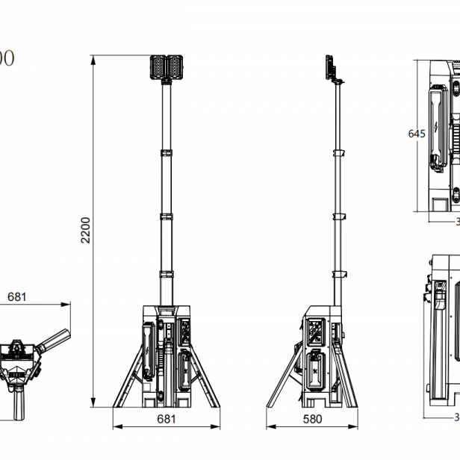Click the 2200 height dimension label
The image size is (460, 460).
coord(85,229)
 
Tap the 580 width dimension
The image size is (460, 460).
coord(314,419)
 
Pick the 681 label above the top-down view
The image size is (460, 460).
coord(17,296)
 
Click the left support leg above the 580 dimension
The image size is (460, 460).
coord(283,377)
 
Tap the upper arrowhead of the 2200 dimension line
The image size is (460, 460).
coord(93,58)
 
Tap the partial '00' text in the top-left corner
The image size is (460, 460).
coord(6,59)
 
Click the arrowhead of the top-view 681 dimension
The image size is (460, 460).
coord(65,305)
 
